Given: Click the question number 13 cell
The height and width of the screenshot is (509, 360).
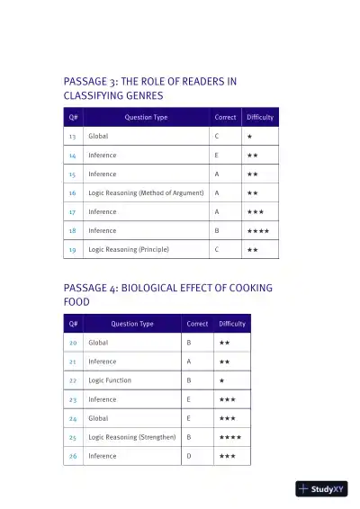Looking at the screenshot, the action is (x=72, y=136).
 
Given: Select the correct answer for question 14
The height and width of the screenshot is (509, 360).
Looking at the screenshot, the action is (x=217, y=155).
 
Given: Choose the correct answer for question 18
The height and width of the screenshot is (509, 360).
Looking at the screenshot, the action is (x=217, y=230).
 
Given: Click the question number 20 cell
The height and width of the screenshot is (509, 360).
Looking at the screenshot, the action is (x=72, y=343).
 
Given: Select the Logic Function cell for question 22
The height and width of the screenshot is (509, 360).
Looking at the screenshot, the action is (x=110, y=380).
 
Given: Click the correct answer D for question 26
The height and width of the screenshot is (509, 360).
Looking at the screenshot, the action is (x=189, y=456).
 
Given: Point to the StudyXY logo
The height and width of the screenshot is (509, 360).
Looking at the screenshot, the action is (x=321, y=489).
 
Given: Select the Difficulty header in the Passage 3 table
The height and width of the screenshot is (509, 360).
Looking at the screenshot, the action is (x=260, y=117).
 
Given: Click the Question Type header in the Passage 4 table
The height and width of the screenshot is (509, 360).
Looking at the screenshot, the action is (x=132, y=324).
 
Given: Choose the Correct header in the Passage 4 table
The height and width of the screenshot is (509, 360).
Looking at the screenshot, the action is (x=197, y=324).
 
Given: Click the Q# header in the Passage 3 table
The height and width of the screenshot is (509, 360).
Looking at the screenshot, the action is (x=73, y=117).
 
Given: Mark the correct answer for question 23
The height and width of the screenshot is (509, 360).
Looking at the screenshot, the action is (x=189, y=399).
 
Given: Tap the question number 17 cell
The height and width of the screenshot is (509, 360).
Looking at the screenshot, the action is (x=72, y=211).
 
